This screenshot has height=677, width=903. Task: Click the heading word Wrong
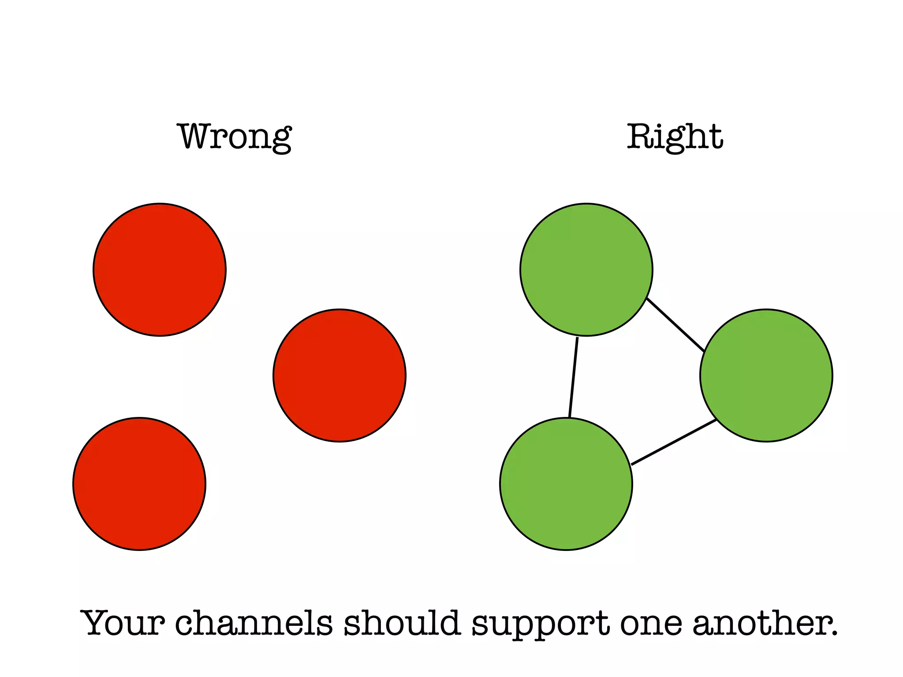234,137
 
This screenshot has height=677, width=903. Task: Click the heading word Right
675,137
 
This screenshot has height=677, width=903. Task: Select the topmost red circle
160,270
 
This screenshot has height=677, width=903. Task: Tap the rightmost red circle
340,376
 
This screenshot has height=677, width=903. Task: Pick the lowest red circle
139,484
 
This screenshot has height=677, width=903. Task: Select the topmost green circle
586,270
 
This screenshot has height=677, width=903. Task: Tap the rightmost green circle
766,376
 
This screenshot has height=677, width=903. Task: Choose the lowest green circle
566,484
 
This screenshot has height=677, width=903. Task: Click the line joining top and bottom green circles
573,377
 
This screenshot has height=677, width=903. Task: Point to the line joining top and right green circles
675,325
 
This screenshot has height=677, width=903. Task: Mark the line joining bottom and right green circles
674,442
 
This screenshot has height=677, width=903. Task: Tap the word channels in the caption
254,623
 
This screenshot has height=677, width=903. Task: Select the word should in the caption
402,623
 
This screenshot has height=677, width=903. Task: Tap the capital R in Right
639,137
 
